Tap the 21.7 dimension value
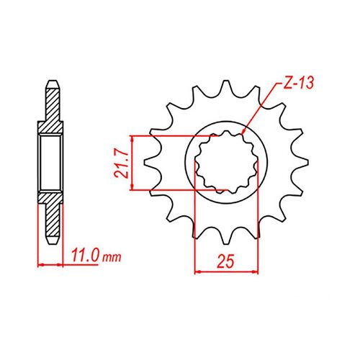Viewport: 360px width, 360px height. [121, 163]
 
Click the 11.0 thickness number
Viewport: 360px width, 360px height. [86, 256]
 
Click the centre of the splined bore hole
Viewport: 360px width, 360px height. [227, 163]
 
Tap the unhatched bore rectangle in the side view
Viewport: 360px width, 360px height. [50, 163]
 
